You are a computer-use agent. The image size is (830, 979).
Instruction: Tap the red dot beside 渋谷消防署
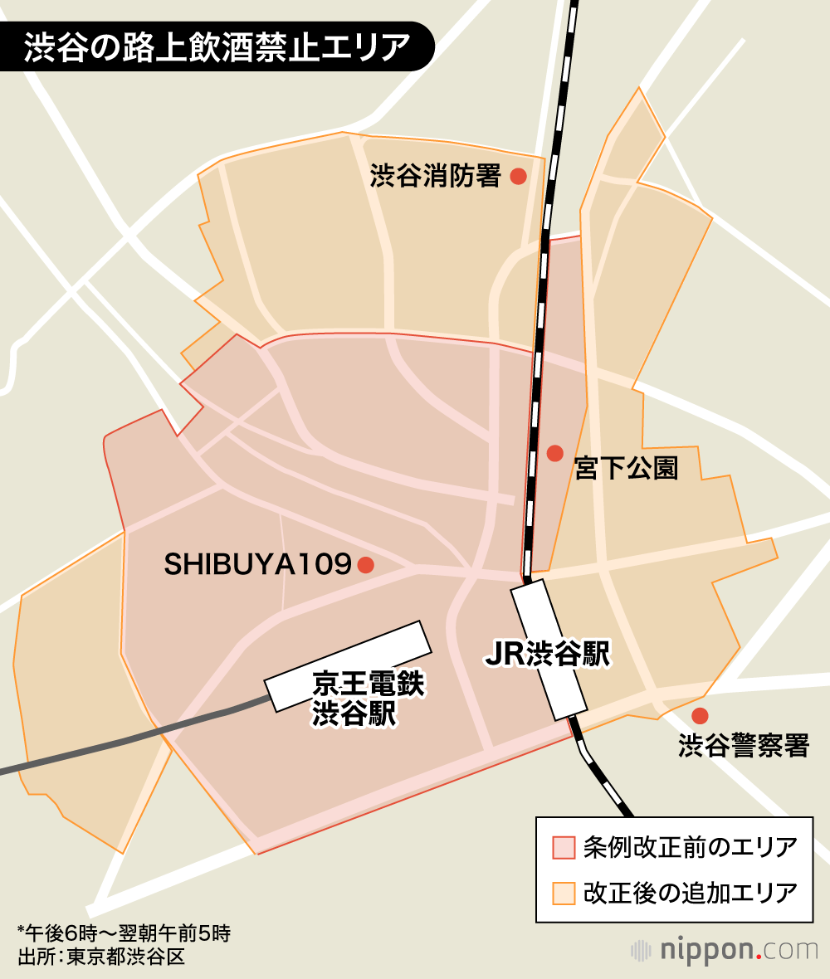coord(519,176)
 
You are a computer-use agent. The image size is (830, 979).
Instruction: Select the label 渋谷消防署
coord(436,176)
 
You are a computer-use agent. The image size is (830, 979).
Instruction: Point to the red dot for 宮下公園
coord(555,453)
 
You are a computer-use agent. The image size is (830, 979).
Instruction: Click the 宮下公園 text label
coord(627,469)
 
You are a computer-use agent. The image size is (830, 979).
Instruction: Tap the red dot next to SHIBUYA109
coord(365,565)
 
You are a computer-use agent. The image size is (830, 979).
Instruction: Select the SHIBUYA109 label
coord(258,565)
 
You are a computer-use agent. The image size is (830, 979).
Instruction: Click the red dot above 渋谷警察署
coord(700,715)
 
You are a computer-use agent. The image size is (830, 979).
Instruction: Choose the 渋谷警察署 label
coord(744,745)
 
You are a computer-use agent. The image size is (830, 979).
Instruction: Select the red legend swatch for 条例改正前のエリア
coord(564,847)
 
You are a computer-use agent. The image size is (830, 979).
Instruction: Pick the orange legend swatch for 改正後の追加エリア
coord(564,893)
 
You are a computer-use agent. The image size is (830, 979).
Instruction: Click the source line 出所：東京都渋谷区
coord(100,957)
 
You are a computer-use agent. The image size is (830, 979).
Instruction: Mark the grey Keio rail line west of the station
coord(124,741)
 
